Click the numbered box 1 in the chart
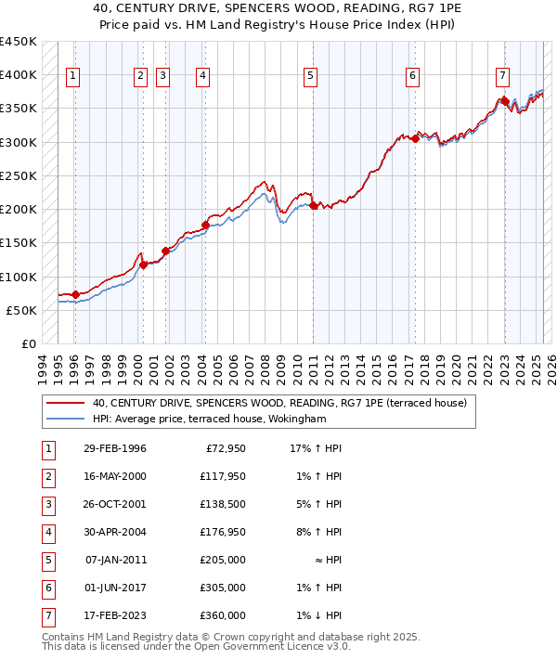click(73, 76)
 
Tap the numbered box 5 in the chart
click(310, 76)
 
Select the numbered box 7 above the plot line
click(502, 76)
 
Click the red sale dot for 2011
click(314, 206)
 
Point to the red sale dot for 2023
click(503, 101)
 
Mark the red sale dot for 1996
click(75, 294)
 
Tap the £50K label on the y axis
click(21, 310)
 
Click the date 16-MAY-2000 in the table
click(115, 476)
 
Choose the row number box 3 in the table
click(47, 505)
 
